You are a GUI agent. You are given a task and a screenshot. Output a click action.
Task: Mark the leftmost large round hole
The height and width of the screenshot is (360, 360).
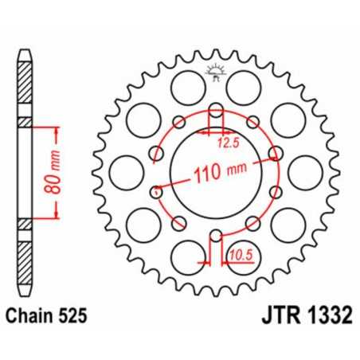[124, 170]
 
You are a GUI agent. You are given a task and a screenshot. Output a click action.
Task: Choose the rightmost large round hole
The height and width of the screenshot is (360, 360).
[306, 170]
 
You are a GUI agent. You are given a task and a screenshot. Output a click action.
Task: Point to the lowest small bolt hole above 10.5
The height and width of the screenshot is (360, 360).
[215, 233]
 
